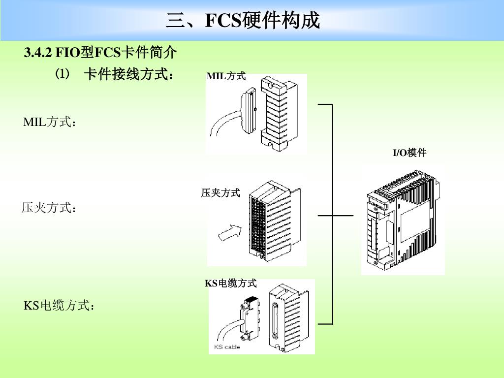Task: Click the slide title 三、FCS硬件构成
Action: (x=243, y=21)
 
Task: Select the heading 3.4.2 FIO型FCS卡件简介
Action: (x=100, y=52)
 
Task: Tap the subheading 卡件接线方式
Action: (x=128, y=75)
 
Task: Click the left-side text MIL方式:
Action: (x=50, y=122)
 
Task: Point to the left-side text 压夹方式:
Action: (x=49, y=208)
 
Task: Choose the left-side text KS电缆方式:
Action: (x=59, y=306)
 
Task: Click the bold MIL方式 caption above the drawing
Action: (x=226, y=76)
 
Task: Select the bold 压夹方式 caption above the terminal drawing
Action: (x=220, y=193)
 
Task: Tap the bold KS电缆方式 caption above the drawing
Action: (x=231, y=283)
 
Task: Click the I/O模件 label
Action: (x=409, y=153)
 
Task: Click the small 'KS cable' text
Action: (x=227, y=347)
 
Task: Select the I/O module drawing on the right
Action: (x=403, y=220)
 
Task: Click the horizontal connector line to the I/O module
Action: (x=336, y=215)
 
